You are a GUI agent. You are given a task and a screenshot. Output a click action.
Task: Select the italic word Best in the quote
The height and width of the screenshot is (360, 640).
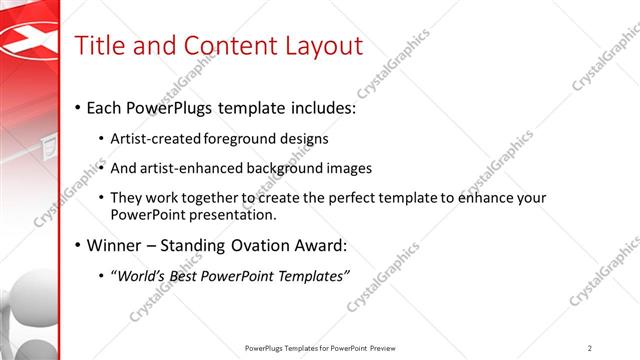[197, 276]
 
